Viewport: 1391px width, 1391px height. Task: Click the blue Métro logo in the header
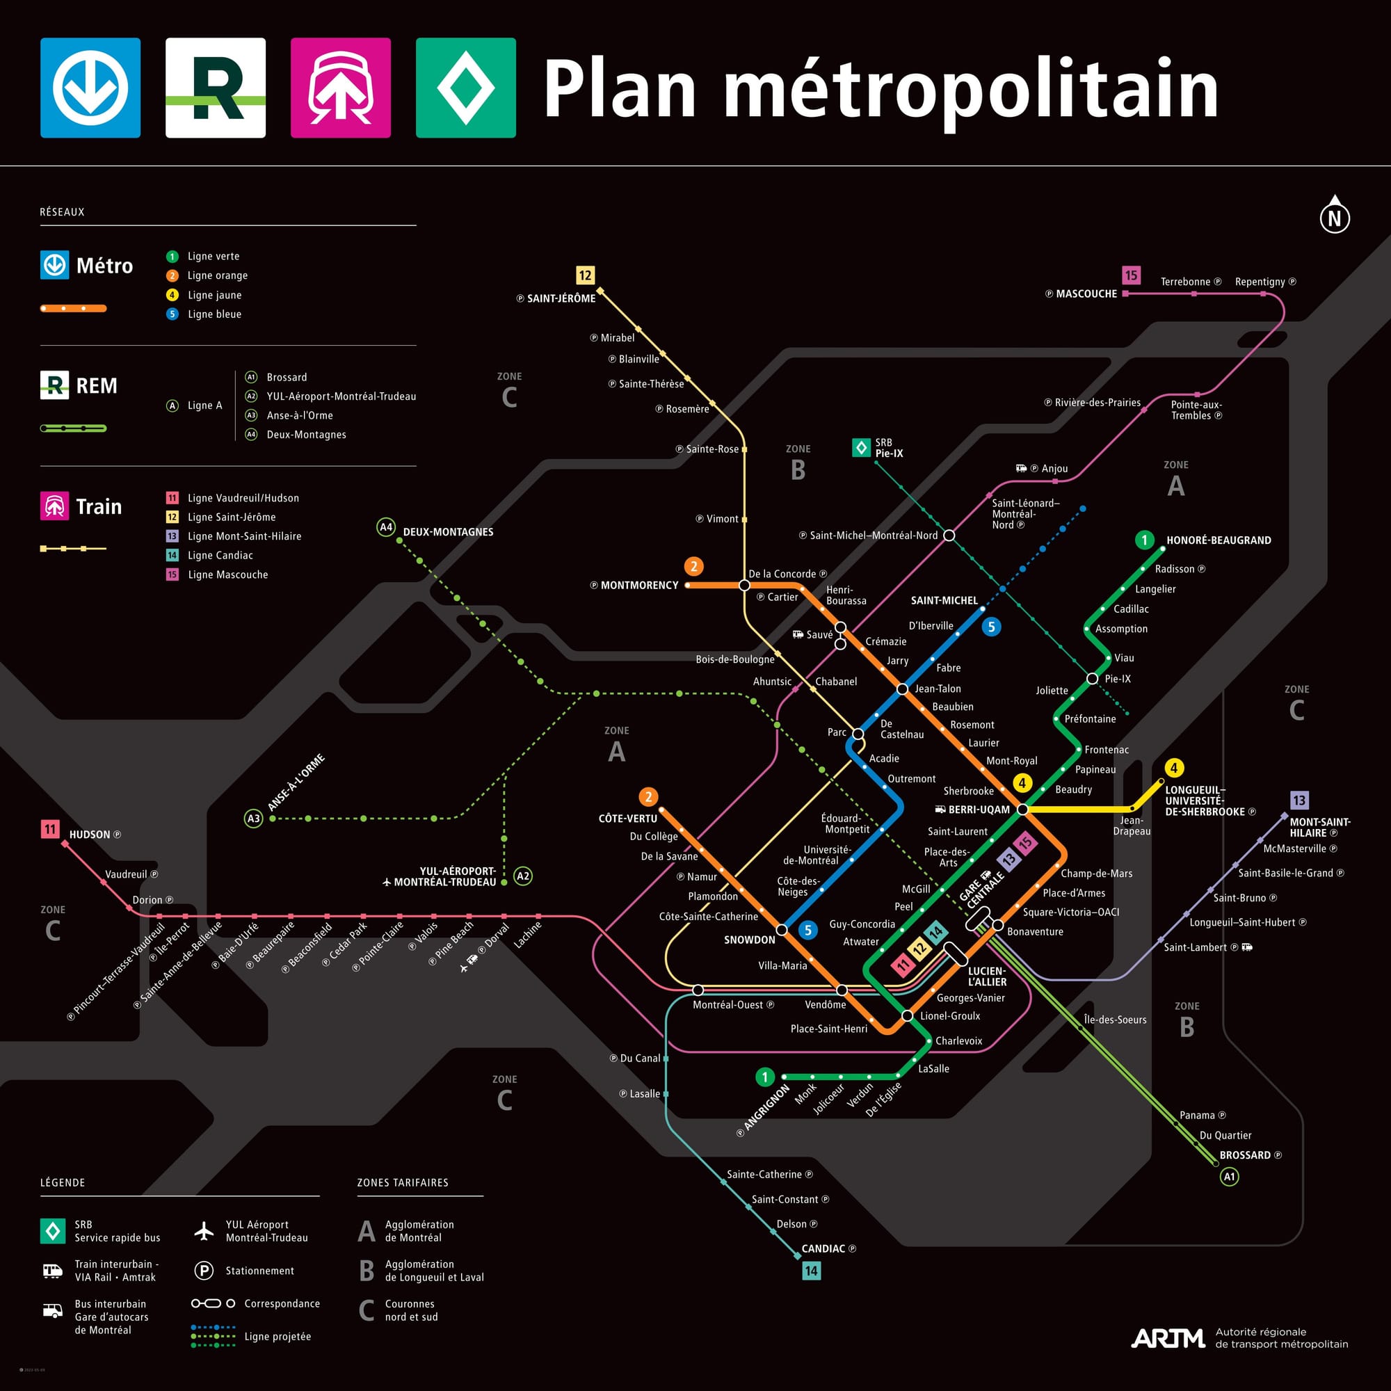(x=90, y=88)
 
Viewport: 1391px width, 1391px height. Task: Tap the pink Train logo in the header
(x=341, y=88)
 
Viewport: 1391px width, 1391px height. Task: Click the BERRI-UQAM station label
(x=979, y=810)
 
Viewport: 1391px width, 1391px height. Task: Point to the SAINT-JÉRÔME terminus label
(x=561, y=298)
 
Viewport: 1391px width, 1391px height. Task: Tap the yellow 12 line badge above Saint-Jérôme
(x=585, y=275)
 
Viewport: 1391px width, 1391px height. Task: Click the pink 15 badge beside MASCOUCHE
(x=1131, y=275)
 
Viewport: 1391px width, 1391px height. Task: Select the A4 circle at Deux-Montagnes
(x=386, y=527)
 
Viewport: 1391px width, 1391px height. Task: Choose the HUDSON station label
(x=90, y=835)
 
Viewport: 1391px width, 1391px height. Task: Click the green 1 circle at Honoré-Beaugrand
(x=1144, y=540)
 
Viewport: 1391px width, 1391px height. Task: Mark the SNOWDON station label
(x=750, y=940)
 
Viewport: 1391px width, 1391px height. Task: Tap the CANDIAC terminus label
(x=823, y=1248)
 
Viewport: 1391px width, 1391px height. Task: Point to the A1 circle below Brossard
(x=1229, y=1177)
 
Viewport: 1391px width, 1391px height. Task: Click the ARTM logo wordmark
(x=1167, y=1338)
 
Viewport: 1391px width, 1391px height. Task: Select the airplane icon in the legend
(x=204, y=1230)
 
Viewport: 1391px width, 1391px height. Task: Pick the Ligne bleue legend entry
(x=214, y=314)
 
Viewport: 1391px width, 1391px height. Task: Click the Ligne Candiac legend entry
(x=220, y=555)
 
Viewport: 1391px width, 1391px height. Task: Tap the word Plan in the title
(x=619, y=89)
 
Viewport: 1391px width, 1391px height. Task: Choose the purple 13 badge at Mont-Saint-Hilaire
(x=1298, y=800)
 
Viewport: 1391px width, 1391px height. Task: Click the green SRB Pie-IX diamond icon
(x=861, y=448)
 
